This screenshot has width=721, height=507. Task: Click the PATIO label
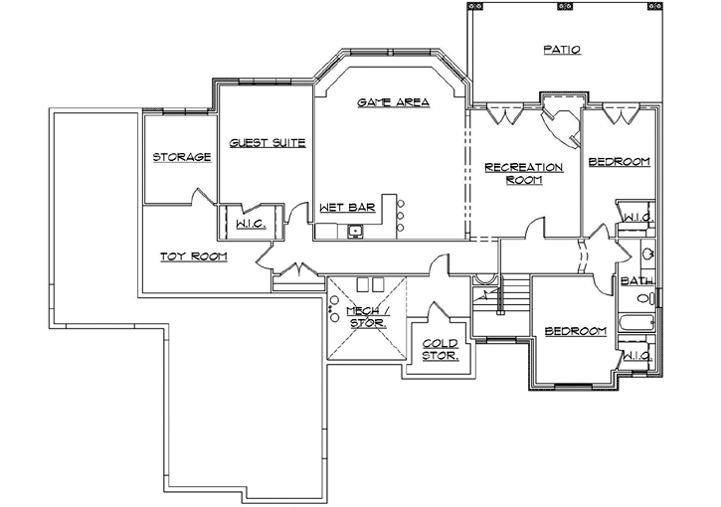(x=562, y=49)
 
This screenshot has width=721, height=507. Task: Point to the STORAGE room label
(x=181, y=157)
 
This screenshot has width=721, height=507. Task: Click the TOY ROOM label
(x=194, y=256)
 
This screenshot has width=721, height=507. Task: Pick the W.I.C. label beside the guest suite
(x=249, y=225)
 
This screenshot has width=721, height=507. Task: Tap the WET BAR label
(x=347, y=208)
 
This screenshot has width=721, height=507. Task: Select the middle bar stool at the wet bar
(x=400, y=215)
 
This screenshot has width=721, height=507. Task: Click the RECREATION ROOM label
(x=523, y=173)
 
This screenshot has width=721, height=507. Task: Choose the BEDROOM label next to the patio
(x=619, y=162)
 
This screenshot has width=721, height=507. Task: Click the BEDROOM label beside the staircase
(x=574, y=331)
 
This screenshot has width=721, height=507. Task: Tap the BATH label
(x=636, y=281)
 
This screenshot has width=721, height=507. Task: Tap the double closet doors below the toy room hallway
(x=296, y=271)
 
